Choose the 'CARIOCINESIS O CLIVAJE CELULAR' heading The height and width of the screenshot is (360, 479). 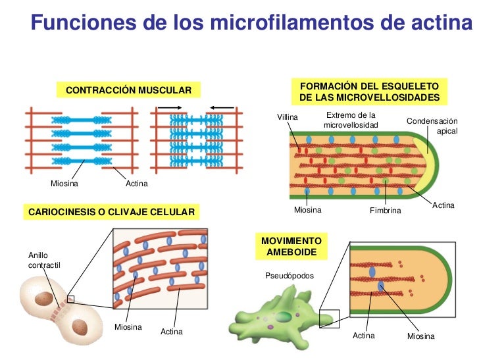coord(111,212)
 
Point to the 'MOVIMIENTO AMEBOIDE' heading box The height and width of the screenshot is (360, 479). coord(291,247)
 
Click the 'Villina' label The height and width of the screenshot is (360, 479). coord(288,117)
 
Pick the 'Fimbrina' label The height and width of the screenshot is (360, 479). coord(386,211)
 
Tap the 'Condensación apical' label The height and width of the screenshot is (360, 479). coord(432,126)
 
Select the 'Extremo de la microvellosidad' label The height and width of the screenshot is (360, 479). coord(351,120)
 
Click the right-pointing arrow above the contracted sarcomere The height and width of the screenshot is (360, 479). coord(170,107)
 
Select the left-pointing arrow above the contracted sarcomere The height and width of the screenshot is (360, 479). coord(221,107)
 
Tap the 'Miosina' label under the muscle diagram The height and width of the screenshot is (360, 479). coord(64,184)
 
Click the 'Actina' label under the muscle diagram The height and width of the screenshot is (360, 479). coord(136,184)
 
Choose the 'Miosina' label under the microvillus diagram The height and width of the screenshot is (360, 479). coord(307,210)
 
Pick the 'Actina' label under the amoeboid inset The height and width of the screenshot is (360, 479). coord(363,336)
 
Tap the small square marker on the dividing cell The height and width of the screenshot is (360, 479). coord(71,299)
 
